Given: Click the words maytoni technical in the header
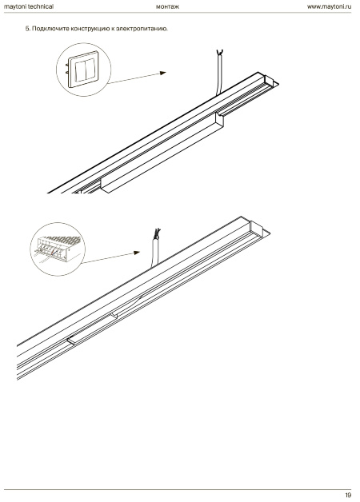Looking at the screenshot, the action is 29,6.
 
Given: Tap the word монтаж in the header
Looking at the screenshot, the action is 167,6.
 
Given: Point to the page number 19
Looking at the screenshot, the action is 348,495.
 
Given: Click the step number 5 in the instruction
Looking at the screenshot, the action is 27,29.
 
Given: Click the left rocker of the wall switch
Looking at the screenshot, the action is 80,71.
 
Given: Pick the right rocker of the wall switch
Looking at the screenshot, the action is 90,69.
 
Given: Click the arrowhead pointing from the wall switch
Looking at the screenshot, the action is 162,73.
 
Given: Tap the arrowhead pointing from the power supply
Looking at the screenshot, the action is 137,253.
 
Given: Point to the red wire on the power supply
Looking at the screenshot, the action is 54,253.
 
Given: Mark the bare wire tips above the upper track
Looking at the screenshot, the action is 220,53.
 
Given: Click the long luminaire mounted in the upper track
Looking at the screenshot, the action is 162,153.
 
